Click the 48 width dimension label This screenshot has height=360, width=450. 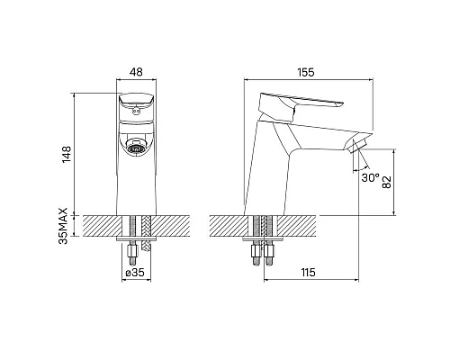(x=136, y=72)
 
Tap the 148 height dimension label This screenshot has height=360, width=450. (x=66, y=155)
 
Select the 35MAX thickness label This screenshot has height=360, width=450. (x=64, y=226)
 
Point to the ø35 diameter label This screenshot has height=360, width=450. (x=135, y=273)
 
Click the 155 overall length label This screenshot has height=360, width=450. (x=306, y=72)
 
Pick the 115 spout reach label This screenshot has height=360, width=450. (x=309, y=273)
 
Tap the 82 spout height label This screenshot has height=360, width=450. (x=387, y=182)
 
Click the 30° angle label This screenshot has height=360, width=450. (x=371, y=177)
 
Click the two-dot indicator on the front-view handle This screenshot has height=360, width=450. (x=137, y=112)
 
